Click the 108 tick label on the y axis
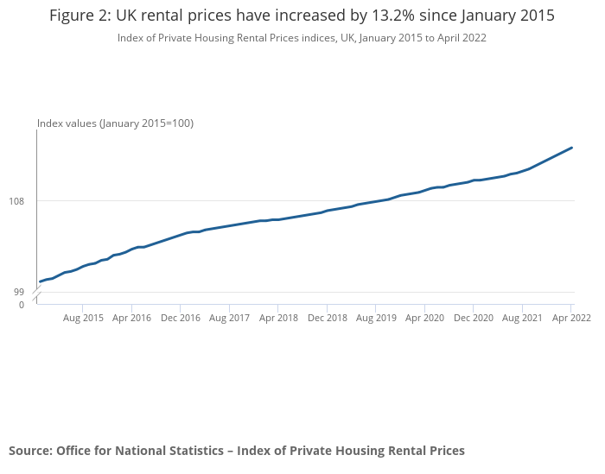coord(16,201)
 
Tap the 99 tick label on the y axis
coord(19,292)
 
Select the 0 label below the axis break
coord(22,305)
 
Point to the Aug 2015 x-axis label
coord(83,318)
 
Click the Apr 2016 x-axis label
coord(131,318)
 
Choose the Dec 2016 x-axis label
coord(181,318)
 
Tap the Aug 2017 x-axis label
coord(229,318)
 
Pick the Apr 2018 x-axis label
coord(278,318)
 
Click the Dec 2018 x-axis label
coord(328,318)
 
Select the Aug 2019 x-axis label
coord(376,318)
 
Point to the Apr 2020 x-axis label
coord(424,318)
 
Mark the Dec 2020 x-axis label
coord(474,318)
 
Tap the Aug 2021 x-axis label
coord(522,318)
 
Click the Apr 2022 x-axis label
coord(571,318)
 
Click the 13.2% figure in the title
coord(393,16)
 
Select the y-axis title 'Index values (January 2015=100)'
coord(115,123)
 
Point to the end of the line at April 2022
coord(571,148)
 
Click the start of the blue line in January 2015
coord(40,281)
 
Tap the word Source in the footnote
coord(31,451)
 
